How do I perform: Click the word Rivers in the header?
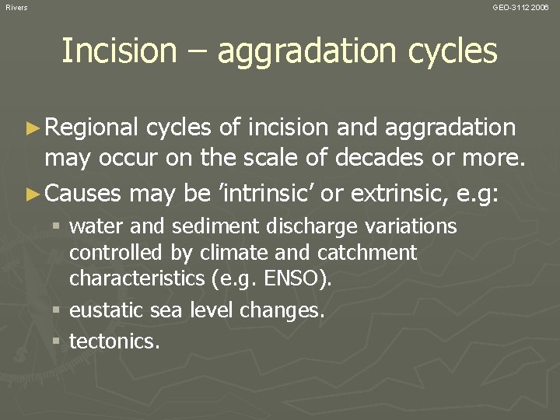coord(16,7)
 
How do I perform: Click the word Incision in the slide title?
coord(119,51)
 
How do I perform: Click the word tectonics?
coord(114,340)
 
